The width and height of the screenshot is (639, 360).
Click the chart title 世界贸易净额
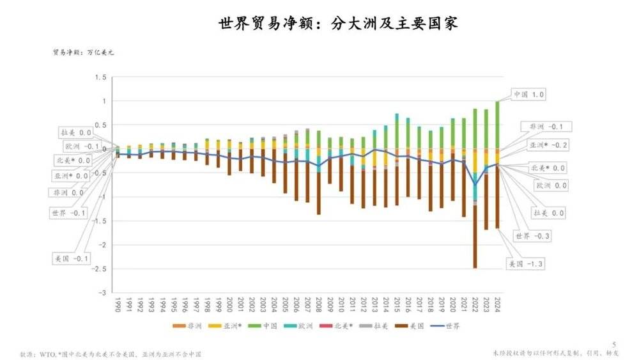pyautogui.click(x=338, y=24)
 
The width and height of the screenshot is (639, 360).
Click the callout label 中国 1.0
pyautogui.click(x=529, y=94)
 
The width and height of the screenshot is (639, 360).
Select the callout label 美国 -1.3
pyautogui.click(x=527, y=263)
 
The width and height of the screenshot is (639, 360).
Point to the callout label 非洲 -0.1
pyautogui.click(x=537, y=127)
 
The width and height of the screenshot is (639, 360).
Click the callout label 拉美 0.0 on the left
pyautogui.click(x=76, y=132)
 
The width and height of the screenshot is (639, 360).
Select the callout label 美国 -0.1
pyautogui.click(x=72, y=258)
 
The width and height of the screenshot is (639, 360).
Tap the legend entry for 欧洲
pyautogui.click(x=305, y=326)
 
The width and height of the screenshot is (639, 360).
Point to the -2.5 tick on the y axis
pyautogui.click(x=99, y=269)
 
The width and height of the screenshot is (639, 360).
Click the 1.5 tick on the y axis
pyautogui.click(x=101, y=77)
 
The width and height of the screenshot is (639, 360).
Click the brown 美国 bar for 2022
pyautogui.click(x=475, y=237)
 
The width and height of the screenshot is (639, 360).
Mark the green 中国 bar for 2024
pyautogui.click(x=497, y=125)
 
